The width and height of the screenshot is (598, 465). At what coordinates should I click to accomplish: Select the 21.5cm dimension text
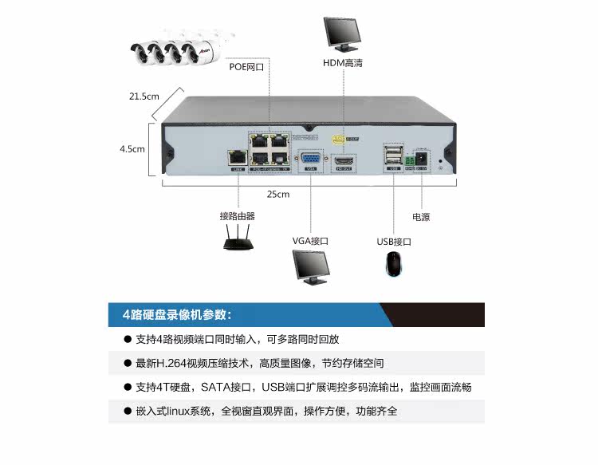pos(144,97)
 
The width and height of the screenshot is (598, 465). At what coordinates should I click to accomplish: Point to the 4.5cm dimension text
pos(132,148)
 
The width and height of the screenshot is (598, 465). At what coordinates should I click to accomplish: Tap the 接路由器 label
pos(238,216)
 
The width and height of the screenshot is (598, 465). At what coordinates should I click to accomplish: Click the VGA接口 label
pos(310,241)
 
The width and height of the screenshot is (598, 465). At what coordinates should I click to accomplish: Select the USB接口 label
pos(394,242)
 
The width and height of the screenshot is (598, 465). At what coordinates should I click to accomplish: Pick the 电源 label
pos(421,217)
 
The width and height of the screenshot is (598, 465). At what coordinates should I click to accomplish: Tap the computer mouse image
pos(393,265)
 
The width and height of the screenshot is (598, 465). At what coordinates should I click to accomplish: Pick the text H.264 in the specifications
pos(171,363)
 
